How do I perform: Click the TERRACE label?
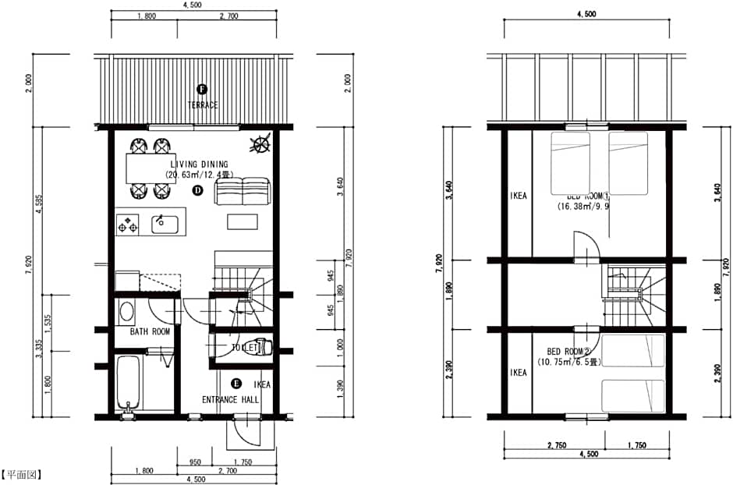pos(202,104)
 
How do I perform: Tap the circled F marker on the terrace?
pos(202,90)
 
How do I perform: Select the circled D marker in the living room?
pos(198,189)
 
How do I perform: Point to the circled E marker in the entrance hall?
pos(236,384)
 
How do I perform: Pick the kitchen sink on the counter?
pos(165,225)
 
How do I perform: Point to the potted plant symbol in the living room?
pos(261,144)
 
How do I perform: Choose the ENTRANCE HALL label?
pos(231,400)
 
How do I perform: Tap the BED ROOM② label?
pos(565,352)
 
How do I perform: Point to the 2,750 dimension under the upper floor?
pos(556,445)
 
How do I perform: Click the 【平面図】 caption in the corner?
pos(22,473)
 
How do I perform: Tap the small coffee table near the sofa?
pos(242,221)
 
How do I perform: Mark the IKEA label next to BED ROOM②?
pos(519,373)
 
